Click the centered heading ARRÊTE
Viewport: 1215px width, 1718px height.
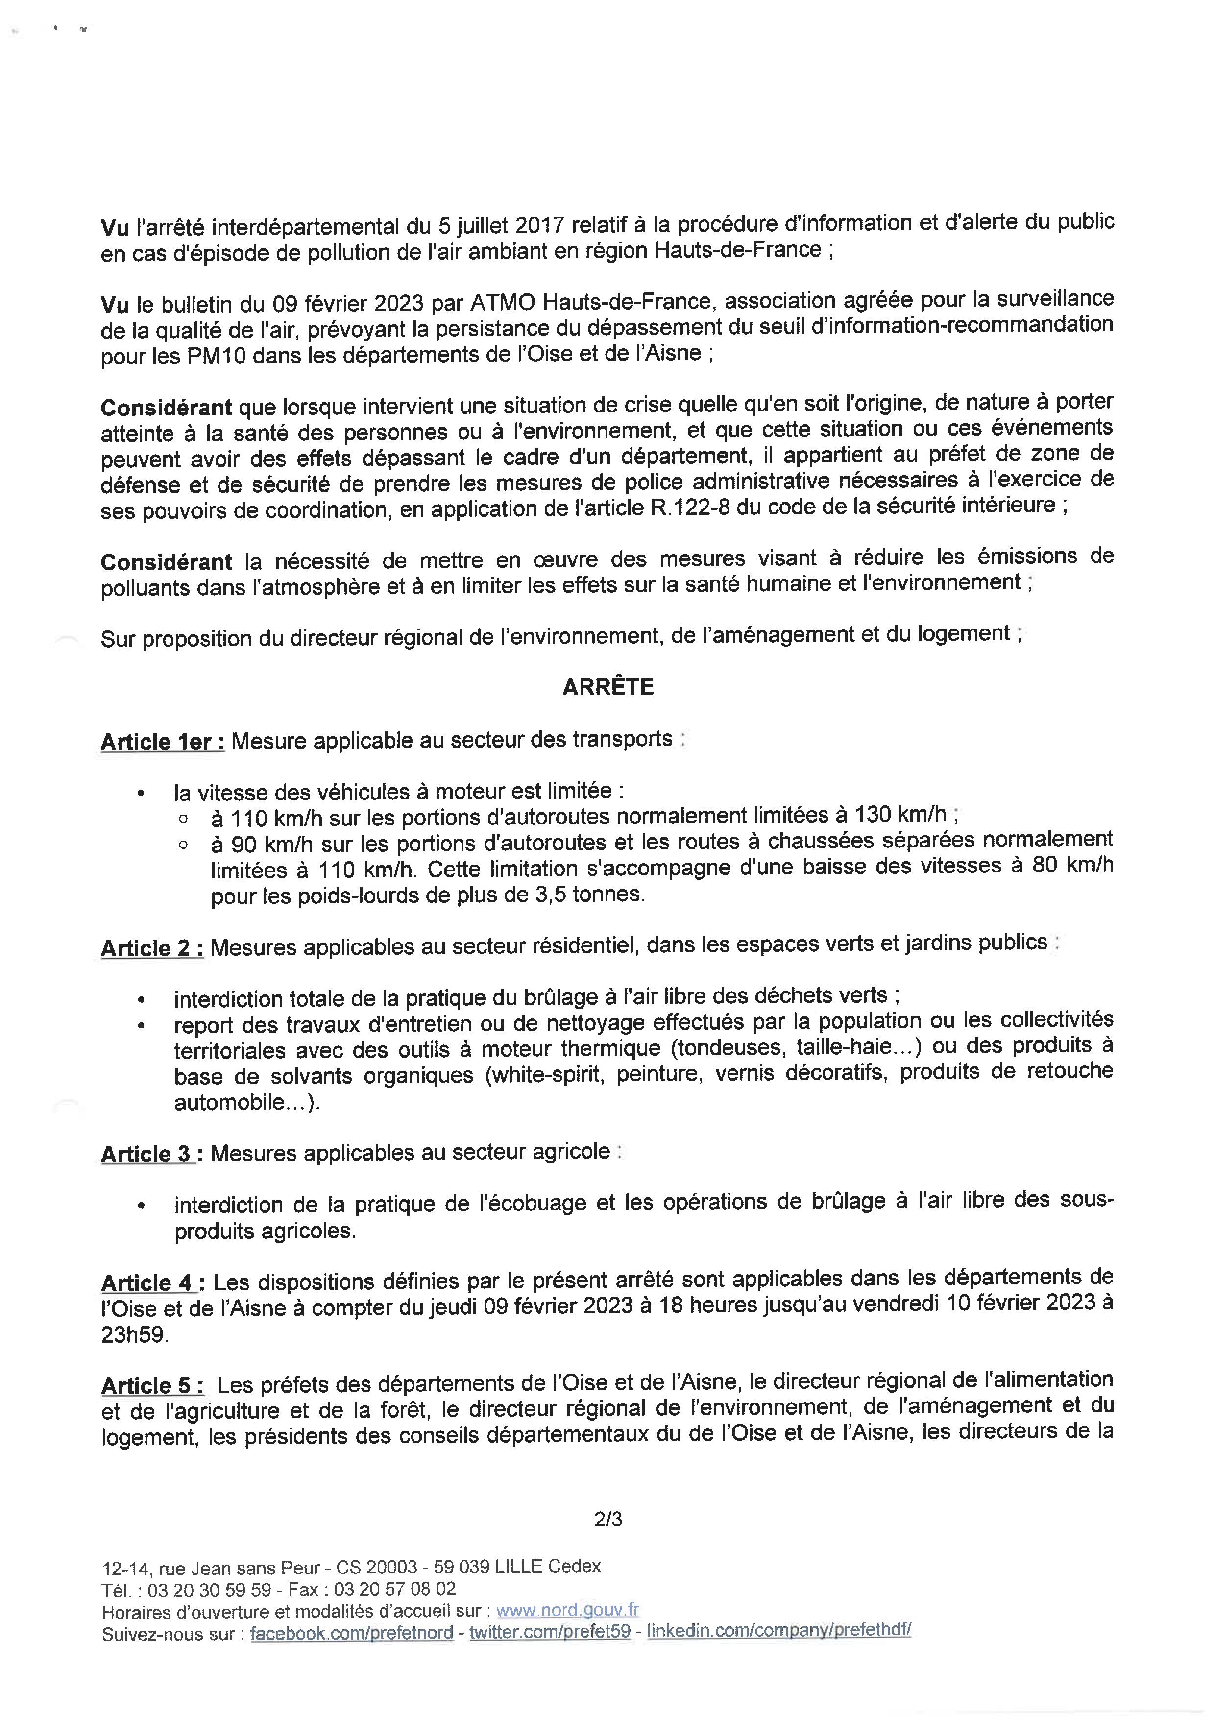(607, 687)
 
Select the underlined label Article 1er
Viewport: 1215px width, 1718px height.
(162, 742)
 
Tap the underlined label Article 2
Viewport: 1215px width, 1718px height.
(152, 948)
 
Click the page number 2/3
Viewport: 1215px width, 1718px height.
(607, 1520)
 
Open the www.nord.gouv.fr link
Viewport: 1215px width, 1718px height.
(567, 1610)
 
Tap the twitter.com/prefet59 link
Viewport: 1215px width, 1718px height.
(550, 1632)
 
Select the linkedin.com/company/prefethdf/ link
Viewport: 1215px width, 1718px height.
(779, 1630)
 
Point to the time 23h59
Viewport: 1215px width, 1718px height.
(135, 1335)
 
